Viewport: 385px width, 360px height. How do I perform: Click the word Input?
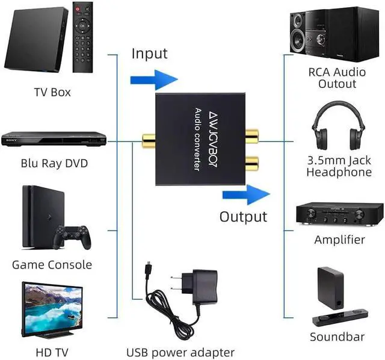[x=149, y=54]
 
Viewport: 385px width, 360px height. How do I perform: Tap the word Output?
[x=242, y=217]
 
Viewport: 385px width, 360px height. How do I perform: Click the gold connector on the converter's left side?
[x=146, y=142]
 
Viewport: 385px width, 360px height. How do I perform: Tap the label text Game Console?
[x=52, y=265]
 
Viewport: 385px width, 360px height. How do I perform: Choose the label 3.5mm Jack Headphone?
[x=339, y=166]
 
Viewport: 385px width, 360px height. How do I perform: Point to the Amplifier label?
[x=339, y=240]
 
